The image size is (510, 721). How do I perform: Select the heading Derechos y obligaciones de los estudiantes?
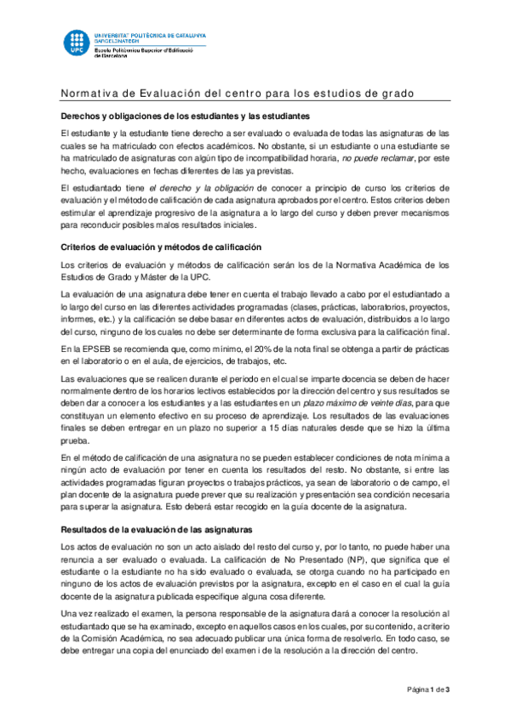pos(183,116)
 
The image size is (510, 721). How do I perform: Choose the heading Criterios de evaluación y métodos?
pos(160,247)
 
